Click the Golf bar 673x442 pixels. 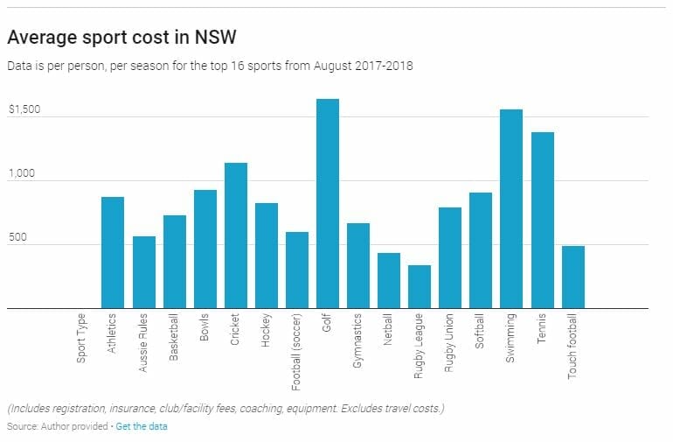point(328,203)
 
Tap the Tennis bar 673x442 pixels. point(542,220)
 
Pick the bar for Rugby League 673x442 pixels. point(420,286)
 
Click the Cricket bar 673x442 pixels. point(236,235)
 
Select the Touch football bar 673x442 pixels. point(572,277)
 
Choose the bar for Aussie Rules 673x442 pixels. point(144,272)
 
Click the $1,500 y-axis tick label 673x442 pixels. point(24,110)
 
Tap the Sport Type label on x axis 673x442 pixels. point(81,340)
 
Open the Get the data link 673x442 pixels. point(142,426)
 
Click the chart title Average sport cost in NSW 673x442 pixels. point(121,39)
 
